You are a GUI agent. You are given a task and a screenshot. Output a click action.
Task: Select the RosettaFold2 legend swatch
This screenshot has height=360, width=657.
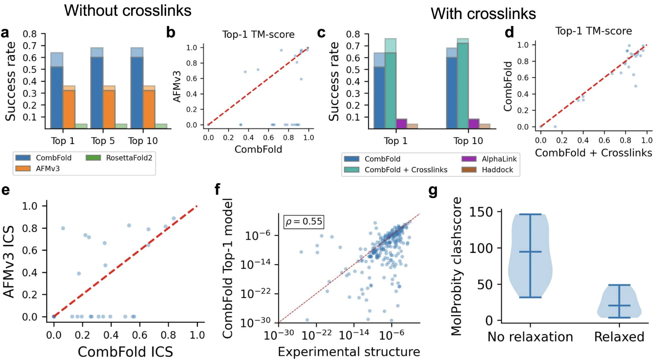[x=93, y=158]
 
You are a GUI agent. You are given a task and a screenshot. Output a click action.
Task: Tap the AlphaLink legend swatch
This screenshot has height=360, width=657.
[x=469, y=159]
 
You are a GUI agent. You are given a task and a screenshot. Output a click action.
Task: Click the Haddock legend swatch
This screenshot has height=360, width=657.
[x=469, y=169]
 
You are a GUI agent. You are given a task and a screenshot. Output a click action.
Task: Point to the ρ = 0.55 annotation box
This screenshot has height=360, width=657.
[x=304, y=222]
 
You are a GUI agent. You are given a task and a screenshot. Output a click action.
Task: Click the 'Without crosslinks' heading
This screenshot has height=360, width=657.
[x=128, y=11]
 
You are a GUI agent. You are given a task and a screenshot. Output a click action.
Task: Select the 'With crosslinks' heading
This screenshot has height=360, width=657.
[x=483, y=14]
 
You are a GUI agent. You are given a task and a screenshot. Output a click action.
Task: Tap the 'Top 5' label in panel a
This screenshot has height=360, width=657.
[x=103, y=141]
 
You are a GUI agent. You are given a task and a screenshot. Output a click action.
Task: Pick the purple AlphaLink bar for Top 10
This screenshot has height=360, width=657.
[x=474, y=124]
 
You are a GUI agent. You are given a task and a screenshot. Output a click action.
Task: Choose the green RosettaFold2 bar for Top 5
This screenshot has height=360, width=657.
[x=121, y=126]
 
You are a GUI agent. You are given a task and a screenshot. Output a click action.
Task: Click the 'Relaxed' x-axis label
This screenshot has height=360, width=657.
[x=619, y=337]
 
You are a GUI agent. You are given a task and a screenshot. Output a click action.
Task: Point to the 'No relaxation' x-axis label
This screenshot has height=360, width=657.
[x=530, y=337]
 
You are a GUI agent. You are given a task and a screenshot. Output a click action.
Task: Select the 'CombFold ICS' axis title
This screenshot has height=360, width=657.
[x=125, y=352]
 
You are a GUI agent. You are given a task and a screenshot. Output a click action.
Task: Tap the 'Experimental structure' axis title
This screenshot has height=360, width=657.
[x=349, y=352]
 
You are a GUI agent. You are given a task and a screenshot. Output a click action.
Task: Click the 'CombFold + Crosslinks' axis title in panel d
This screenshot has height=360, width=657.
[x=593, y=153]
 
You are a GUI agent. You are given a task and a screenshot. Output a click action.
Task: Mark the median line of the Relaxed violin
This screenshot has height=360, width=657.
[x=619, y=305]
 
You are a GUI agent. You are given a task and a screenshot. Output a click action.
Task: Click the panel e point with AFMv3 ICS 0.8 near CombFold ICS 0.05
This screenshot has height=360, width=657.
[x=63, y=228]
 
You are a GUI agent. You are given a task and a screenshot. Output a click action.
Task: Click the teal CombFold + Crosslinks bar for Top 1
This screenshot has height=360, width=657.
[x=390, y=91]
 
